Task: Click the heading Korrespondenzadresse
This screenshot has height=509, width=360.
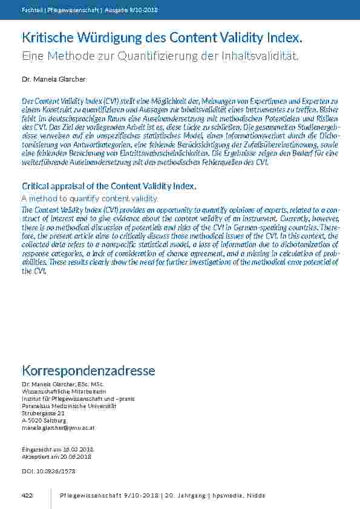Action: pyautogui.click(x=88, y=370)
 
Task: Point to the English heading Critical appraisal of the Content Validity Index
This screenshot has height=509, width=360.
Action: pyautogui.click(x=109, y=186)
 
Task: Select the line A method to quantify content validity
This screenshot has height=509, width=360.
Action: pyautogui.click(x=90, y=198)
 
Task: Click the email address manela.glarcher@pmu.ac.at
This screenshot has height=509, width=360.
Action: pyautogui.click(x=58, y=427)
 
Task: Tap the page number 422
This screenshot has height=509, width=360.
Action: pyautogui.click(x=27, y=496)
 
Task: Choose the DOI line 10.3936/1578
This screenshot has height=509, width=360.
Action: pyautogui.click(x=48, y=470)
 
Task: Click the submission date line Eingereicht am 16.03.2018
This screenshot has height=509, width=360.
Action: pyautogui.click(x=57, y=450)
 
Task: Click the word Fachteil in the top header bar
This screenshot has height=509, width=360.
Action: pyautogui.click(x=31, y=10)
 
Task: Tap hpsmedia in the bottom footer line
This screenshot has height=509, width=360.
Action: pyautogui.click(x=229, y=496)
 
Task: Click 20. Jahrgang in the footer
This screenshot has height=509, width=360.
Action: pyautogui.click(x=185, y=496)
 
